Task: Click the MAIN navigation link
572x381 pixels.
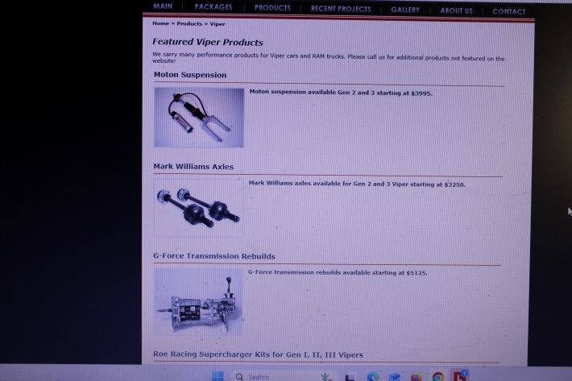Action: [163, 6]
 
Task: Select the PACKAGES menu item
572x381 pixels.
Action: [213, 7]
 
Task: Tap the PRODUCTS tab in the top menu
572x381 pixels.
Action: [272, 8]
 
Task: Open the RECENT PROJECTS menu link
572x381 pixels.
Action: [341, 9]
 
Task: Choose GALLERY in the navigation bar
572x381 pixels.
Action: [405, 10]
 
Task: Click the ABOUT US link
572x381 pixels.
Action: [456, 10]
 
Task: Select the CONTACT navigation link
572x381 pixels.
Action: [509, 11]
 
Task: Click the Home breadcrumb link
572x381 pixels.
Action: [160, 23]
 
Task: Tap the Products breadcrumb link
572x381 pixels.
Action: [189, 23]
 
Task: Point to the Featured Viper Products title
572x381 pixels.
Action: [208, 42]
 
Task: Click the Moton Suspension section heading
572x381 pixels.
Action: [190, 75]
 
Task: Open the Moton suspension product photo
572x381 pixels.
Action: [199, 118]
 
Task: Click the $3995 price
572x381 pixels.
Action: [421, 93]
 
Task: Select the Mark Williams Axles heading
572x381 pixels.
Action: [193, 167]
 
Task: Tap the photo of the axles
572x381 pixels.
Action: [199, 207]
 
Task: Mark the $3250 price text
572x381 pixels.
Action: [454, 184]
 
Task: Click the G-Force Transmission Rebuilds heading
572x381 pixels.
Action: [214, 256]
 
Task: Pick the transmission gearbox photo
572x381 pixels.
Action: [198, 301]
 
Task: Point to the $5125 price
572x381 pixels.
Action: [417, 273]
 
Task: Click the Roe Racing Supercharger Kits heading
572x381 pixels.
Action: [258, 354]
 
